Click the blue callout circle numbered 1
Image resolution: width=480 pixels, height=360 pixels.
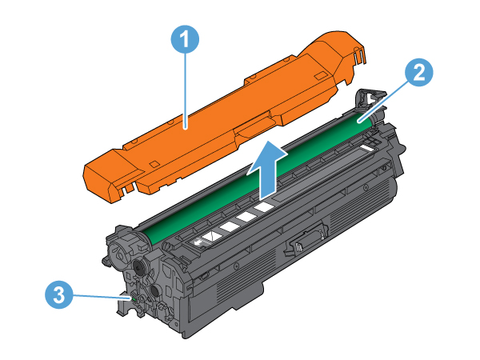[185, 39]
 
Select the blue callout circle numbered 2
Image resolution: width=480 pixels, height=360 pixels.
[418, 73]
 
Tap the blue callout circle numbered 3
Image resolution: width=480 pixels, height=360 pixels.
[59, 295]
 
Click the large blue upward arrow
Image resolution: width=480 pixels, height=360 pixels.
[267, 170]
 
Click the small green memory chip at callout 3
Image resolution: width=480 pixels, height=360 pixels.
[134, 298]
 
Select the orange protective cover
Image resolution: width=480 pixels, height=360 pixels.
[225, 117]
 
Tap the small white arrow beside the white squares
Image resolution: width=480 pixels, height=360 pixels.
[199, 242]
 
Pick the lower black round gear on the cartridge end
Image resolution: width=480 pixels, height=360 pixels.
[155, 290]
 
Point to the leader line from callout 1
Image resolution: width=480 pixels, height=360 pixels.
[186, 91]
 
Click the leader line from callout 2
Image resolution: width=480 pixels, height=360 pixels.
[384, 102]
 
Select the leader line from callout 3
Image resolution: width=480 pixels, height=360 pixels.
[103, 296]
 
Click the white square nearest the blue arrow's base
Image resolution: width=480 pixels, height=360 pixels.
[264, 207]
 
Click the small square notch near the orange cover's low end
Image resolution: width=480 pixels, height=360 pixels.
[154, 164]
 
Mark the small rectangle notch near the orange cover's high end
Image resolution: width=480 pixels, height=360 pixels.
[321, 75]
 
